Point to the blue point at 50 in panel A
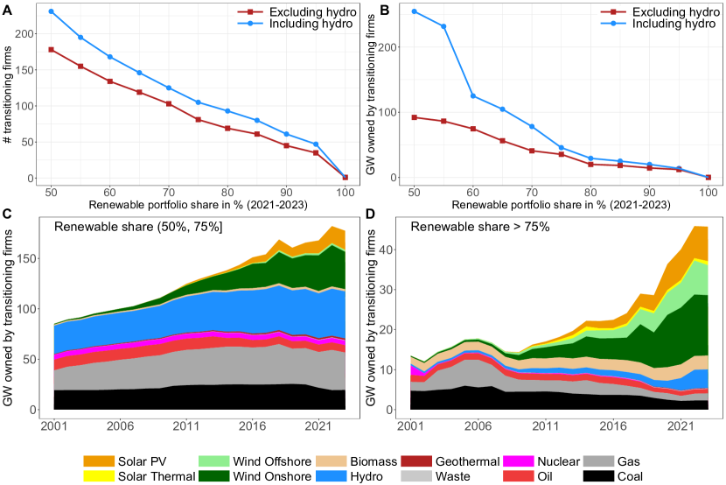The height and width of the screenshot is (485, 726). [x=52, y=11]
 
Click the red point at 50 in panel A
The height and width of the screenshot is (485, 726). [x=52, y=49]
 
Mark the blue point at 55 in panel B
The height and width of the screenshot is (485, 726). [x=443, y=26]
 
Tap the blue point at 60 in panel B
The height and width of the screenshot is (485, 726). [x=473, y=96]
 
